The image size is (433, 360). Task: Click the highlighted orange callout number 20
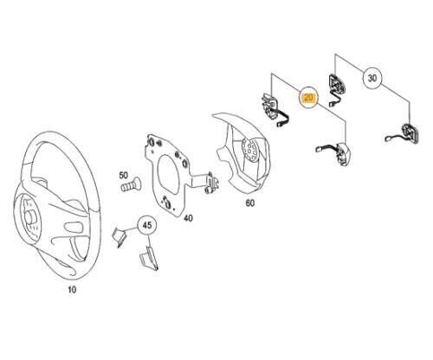pos(308,97)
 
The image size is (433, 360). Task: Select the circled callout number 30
pos(372,78)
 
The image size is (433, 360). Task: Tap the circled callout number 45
pos(147,225)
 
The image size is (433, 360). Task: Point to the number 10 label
pos(72,289)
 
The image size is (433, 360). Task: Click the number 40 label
pos(188,218)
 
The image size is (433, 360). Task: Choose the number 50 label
pos(123,175)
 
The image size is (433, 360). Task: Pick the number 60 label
pos(250,203)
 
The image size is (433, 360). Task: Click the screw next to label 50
pos(130,184)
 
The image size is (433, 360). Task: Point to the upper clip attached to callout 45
pos(119,236)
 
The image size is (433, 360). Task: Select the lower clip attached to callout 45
pos(149,259)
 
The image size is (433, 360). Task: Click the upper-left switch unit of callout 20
pos(274,111)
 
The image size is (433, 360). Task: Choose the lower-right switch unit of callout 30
pos(404,134)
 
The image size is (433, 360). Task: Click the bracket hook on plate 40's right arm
pos(211,183)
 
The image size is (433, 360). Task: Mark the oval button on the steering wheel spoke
pos(72,226)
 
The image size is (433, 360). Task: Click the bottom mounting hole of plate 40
pos(166,201)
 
